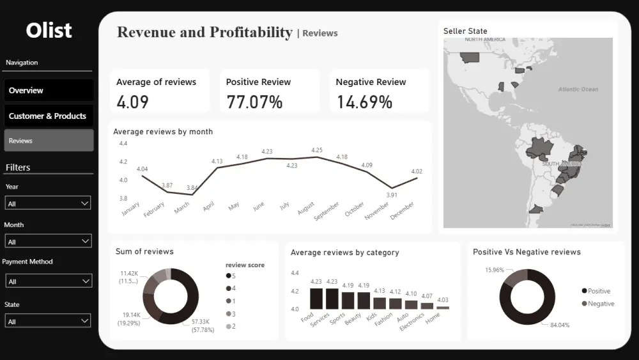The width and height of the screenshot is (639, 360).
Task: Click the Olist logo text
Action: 49,30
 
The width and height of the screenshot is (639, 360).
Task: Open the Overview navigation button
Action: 49,90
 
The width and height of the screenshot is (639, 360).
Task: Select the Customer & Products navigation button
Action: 49,116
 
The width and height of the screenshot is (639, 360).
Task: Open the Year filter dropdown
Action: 48,203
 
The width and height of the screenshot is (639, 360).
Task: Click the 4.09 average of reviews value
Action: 133,102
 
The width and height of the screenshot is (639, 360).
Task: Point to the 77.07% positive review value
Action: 254,102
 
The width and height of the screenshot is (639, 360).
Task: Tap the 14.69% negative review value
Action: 364,102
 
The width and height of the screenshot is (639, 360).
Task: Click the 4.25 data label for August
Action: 317,150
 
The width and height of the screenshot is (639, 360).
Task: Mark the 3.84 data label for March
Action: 192,188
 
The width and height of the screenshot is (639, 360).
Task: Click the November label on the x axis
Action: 376,212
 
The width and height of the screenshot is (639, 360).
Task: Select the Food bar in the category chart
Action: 316,299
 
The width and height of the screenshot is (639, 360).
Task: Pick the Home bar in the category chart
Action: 442,308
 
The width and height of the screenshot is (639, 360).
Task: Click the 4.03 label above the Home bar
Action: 442,299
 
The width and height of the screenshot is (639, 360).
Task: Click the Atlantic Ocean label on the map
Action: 578,90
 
